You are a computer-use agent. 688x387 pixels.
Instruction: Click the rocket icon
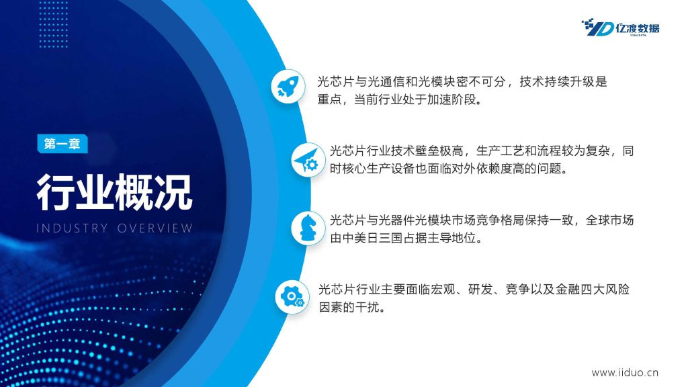coord(288,86)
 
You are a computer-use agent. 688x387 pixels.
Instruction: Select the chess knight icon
coord(308,228)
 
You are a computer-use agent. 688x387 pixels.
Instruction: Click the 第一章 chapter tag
coord(62,144)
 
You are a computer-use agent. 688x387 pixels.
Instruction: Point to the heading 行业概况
coord(114,192)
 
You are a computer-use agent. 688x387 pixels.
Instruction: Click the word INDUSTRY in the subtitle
coord(72,228)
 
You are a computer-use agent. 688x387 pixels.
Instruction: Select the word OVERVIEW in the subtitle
coord(155,228)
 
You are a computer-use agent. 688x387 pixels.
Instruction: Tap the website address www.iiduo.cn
coord(625,372)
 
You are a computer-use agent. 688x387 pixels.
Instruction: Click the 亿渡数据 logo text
coord(637,28)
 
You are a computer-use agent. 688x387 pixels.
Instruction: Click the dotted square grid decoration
coord(53,24)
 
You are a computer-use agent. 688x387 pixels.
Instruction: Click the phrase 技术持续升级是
coord(564,81)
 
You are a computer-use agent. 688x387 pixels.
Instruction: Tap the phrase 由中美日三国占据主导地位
coord(406,238)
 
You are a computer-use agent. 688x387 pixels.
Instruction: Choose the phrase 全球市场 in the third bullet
coord(610,220)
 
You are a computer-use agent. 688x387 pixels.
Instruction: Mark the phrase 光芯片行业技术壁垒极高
coord(396,151)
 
